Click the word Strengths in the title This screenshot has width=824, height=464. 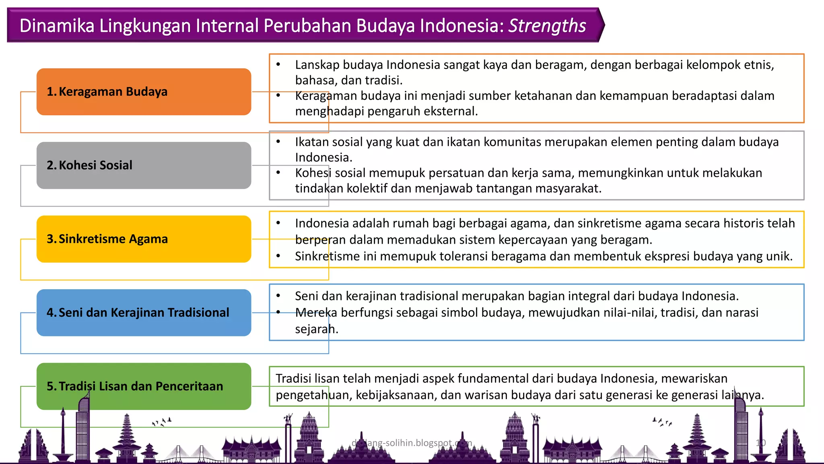[x=547, y=26]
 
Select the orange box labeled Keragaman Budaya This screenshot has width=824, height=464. [x=144, y=92]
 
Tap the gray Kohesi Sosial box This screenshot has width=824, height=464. [x=144, y=165]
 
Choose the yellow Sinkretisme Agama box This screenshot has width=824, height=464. [x=144, y=239]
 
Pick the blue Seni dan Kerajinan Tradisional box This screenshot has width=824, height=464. [x=144, y=313]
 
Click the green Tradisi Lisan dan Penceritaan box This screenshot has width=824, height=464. [x=144, y=386]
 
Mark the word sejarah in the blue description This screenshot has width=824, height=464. [x=316, y=329]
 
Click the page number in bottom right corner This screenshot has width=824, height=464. [x=760, y=443]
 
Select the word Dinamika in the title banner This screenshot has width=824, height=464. [x=57, y=26]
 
